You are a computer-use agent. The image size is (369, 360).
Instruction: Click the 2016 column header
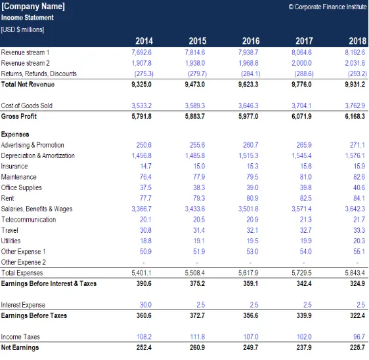251,41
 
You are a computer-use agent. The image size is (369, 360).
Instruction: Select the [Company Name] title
33,7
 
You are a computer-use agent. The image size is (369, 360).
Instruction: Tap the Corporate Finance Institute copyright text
328,7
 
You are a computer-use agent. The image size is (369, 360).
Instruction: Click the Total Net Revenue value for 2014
141,85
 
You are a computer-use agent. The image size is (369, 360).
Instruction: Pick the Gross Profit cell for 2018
355,116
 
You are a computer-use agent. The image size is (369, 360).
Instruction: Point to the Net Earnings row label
20,348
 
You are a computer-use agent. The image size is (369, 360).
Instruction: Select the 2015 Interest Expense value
200,305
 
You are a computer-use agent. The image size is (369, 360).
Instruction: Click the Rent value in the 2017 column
305,198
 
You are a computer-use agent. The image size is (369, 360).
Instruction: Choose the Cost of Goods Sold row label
27,106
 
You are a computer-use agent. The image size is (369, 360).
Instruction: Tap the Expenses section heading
15,134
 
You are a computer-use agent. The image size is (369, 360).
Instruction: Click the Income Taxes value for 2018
359,337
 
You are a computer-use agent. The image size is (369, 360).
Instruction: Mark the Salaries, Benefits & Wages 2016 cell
248,209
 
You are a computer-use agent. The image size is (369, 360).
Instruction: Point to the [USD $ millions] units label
22,30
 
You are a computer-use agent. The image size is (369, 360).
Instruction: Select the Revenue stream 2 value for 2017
301,63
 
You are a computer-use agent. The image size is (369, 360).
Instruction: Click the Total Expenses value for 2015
194,273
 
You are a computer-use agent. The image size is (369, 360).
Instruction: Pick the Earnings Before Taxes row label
34,315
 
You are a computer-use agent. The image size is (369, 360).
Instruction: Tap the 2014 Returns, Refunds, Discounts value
144,74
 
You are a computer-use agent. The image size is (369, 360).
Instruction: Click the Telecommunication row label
29,220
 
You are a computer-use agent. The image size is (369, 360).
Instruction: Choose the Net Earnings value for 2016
250,348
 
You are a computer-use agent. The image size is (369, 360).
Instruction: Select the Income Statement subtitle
28,18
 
